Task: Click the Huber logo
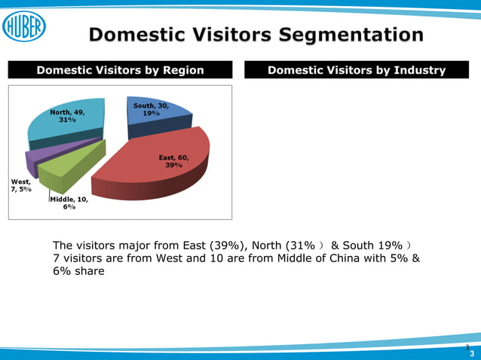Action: pyautogui.click(x=24, y=27)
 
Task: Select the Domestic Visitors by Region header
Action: pyautogui.click(x=121, y=71)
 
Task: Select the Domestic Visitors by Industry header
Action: pyautogui.click(x=357, y=71)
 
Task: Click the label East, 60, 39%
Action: pyautogui.click(x=173, y=160)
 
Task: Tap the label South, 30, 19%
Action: pyautogui.click(x=151, y=109)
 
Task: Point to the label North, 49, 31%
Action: pyautogui.click(x=67, y=115)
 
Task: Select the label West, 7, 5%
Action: pyautogui.click(x=21, y=185)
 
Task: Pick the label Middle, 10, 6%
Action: pyautogui.click(x=69, y=202)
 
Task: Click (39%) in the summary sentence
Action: pyautogui.click(x=226, y=246)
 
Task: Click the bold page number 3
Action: pyautogui.click(x=472, y=353)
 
